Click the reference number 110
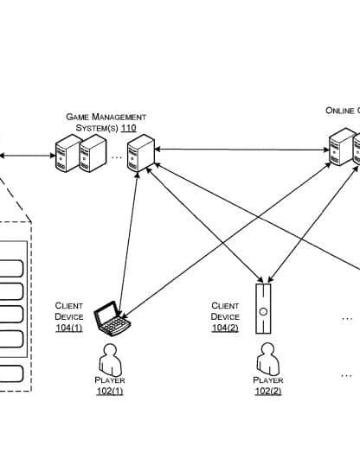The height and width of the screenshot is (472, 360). pos(129,128)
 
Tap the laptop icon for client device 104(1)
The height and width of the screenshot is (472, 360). pos(112,318)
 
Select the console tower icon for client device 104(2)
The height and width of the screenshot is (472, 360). pos(263,309)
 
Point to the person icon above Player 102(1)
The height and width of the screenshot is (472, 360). pos(111,360)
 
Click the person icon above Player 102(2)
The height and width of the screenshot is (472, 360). pos(267,360)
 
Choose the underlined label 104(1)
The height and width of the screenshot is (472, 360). pos(68,328)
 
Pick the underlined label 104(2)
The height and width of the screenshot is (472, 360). pos(225,328)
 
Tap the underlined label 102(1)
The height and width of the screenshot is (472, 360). pos(110,391)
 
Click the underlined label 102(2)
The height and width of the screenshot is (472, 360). pos(267,391)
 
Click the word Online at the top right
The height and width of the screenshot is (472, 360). pos(340,111)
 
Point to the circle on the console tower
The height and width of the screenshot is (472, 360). pos(263,312)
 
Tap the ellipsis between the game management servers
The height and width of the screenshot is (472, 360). pos(117,156)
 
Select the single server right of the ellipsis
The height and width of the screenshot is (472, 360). pos(141,153)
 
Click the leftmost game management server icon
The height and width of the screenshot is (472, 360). pos(68,153)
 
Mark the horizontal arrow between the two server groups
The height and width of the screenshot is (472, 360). pos(241,150)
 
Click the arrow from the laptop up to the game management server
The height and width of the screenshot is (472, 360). pos(128,243)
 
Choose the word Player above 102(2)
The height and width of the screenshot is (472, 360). pos(267,380)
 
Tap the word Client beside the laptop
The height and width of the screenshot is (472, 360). pos(68,306)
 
